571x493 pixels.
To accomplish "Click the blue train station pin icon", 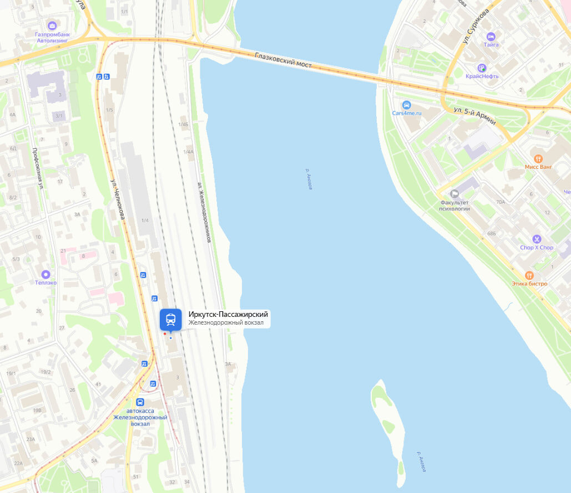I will tap(170, 319).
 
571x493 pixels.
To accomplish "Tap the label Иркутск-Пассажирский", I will tap(228, 315).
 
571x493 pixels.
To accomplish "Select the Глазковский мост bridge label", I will tap(283, 60).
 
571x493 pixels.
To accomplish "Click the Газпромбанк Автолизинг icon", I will tap(52, 25).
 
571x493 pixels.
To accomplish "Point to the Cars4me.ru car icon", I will tap(407, 105).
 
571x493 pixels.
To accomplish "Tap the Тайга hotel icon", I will tap(491, 36).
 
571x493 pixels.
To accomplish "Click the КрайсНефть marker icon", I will tap(482, 68).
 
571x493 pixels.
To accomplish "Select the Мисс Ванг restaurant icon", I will tap(538, 158).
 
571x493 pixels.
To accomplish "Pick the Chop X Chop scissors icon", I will tap(537, 239).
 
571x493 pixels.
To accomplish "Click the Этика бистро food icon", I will tap(529, 275).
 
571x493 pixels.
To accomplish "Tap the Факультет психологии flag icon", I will tap(455, 193).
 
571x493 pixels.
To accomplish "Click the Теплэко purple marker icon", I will tap(46, 274).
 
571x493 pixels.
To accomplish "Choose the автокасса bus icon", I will tap(140, 402).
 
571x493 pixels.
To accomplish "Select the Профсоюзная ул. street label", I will tap(37, 169).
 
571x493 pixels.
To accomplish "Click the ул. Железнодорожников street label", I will tap(204, 213).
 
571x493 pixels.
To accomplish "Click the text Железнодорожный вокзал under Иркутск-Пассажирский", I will tap(225, 323).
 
